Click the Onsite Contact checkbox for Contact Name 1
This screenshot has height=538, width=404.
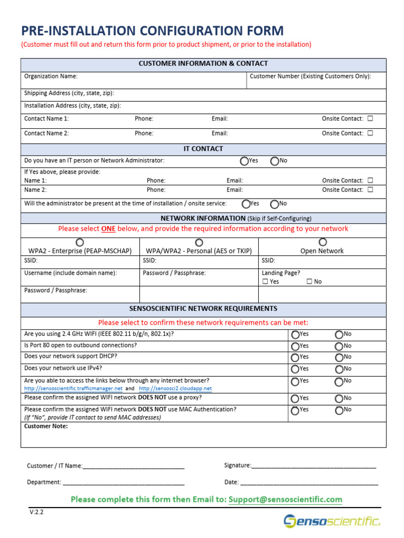click(x=370, y=119)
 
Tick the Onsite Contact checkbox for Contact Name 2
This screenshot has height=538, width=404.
click(x=370, y=133)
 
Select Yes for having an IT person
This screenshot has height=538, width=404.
click(x=245, y=161)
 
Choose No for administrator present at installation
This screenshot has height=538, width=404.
click(x=275, y=204)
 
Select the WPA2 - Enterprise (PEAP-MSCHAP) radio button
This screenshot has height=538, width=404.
click(x=79, y=242)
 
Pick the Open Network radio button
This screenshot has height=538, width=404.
click(x=322, y=242)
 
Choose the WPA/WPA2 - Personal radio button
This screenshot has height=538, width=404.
click(x=199, y=242)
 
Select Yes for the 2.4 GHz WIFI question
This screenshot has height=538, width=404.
click(x=295, y=335)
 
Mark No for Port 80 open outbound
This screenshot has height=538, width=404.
click(x=339, y=346)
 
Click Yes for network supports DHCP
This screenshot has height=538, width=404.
click(x=295, y=357)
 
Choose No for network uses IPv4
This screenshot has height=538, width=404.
click(x=339, y=369)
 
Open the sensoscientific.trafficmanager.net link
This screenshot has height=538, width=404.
click(x=73, y=389)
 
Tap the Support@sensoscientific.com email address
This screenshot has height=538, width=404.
click(x=285, y=499)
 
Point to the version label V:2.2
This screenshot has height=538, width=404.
click(x=36, y=512)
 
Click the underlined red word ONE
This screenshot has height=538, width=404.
click(x=108, y=229)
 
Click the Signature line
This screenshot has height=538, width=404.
click(x=314, y=465)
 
